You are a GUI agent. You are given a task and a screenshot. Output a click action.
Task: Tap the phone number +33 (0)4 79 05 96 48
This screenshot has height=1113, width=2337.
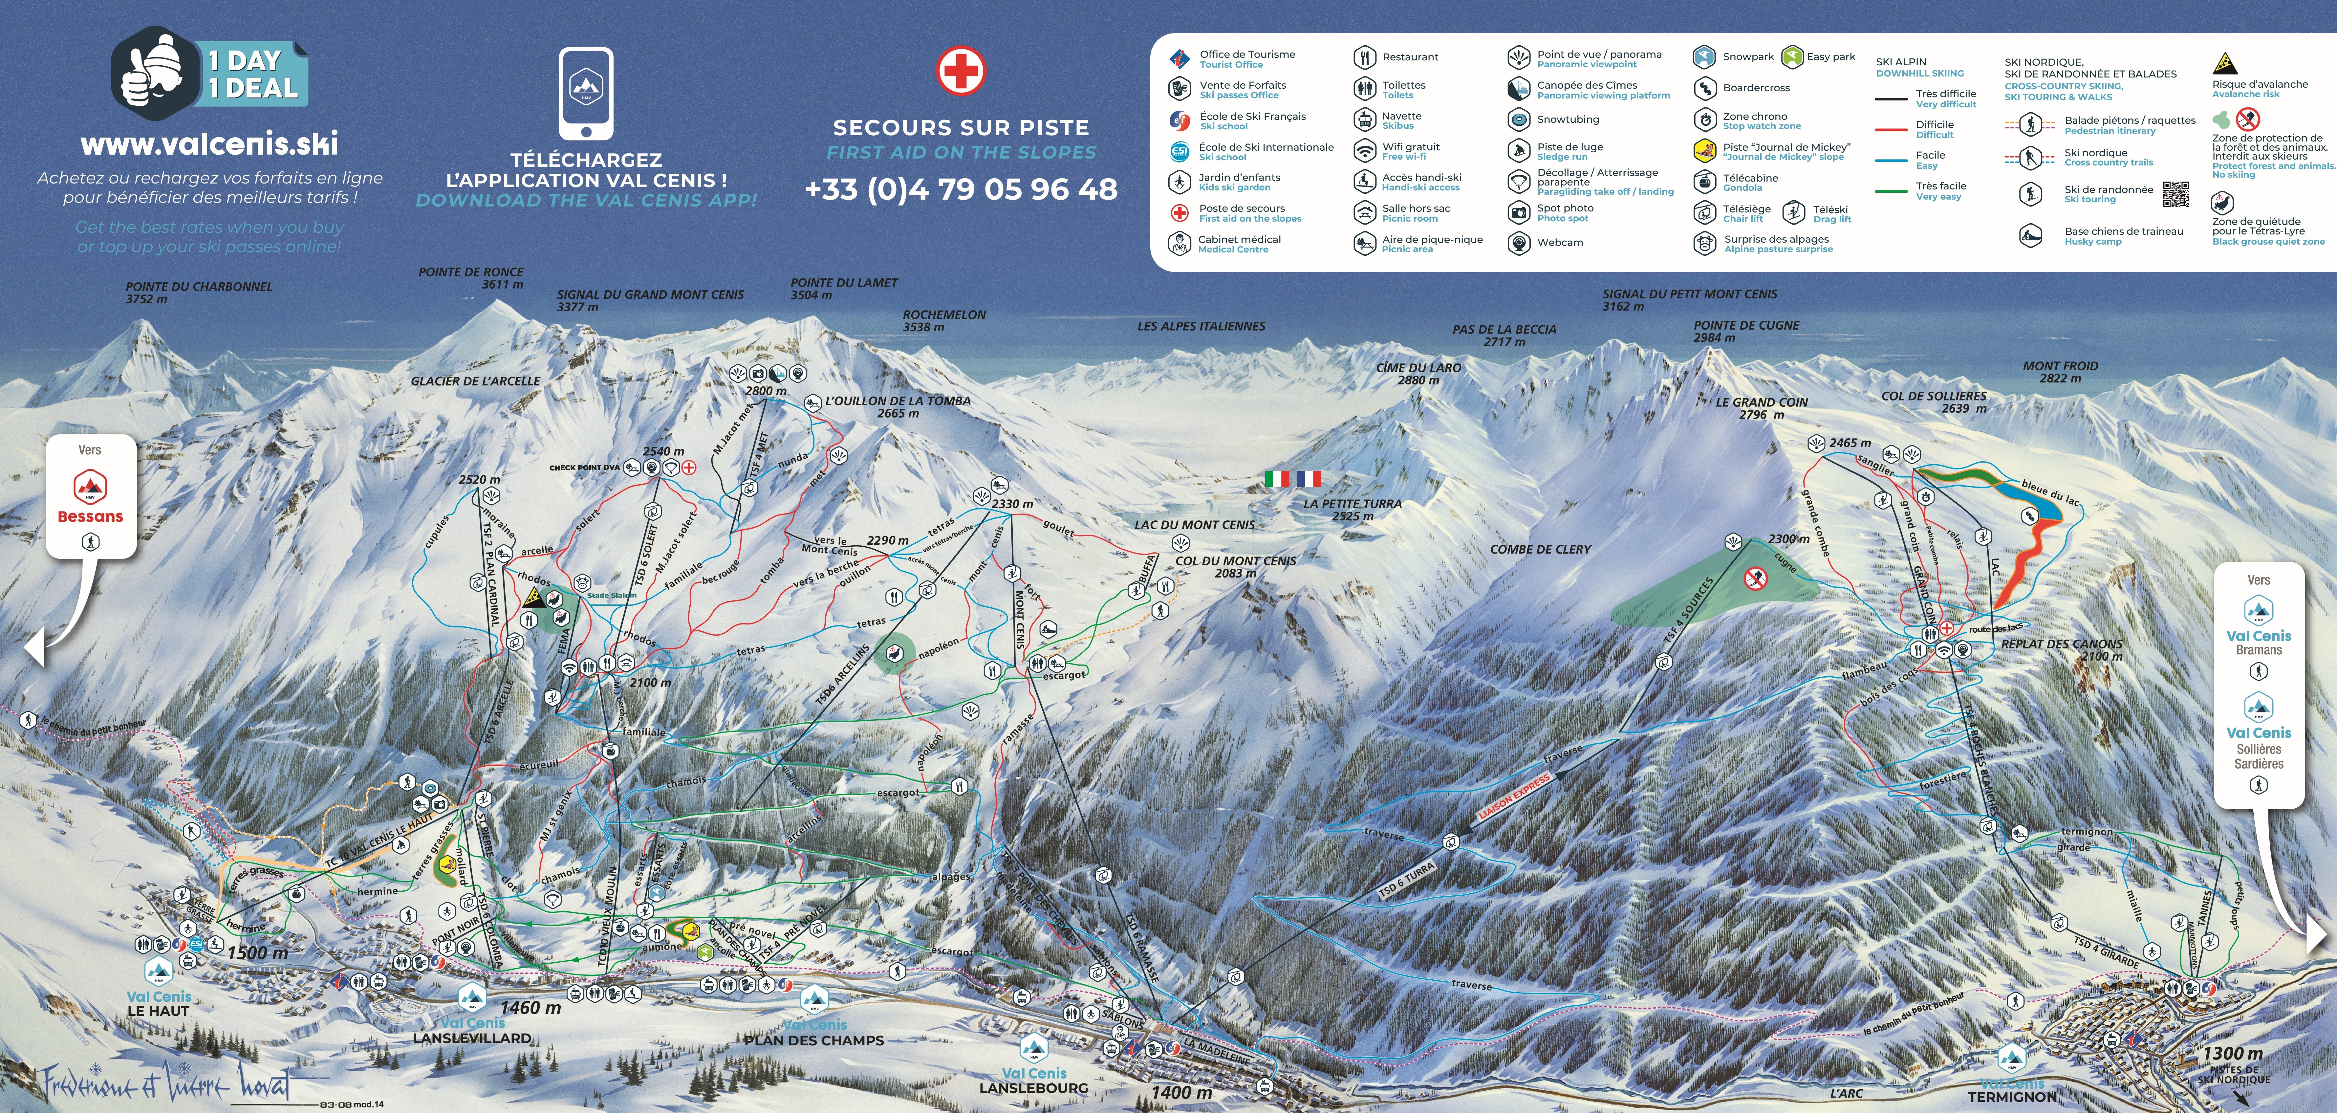pyautogui.click(x=961, y=189)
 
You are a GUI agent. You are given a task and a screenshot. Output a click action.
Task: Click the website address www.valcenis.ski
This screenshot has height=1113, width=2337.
pyautogui.click(x=209, y=143)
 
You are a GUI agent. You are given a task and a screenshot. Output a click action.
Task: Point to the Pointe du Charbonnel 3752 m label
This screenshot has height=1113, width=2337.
pyautogui.click(x=199, y=292)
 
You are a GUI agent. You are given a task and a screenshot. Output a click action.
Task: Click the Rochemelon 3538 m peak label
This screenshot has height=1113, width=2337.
pyautogui.click(x=943, y=320)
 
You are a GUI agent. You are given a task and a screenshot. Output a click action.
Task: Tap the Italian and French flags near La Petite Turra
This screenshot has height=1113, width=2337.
pyautogui.click(x=1293, y=478)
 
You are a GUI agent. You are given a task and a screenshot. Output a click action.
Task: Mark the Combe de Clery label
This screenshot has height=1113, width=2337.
pyautogui.click(x=1540, y=549)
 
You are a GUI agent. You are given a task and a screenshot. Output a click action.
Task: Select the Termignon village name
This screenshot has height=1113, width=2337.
pyautogui.click(x=2012, y=1096)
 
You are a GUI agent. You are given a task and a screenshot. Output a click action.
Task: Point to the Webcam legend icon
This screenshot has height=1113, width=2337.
pyautogui.click(x=1519, y=242)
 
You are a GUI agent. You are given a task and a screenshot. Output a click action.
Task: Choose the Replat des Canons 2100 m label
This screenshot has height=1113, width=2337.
pyautogui.click(x=2061, y=649)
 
